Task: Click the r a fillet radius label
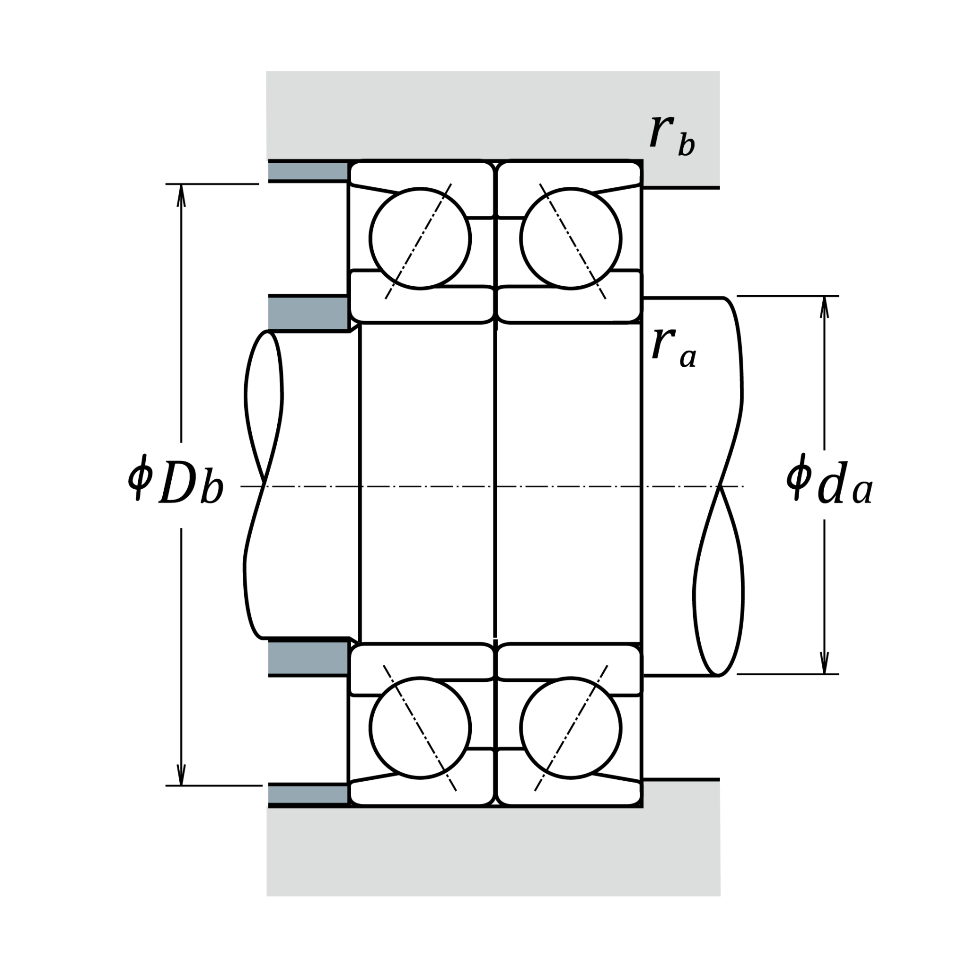click(x=674, y=348)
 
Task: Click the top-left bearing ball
click(x=420, y=239)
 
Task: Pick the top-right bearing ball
click(x=571, y=239)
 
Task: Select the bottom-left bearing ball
click(x=420, y=728)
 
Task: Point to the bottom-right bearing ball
click(x=571, y=728)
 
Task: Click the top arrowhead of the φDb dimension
click(x=182, y=195)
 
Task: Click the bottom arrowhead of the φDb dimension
click(x=182, y=774)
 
